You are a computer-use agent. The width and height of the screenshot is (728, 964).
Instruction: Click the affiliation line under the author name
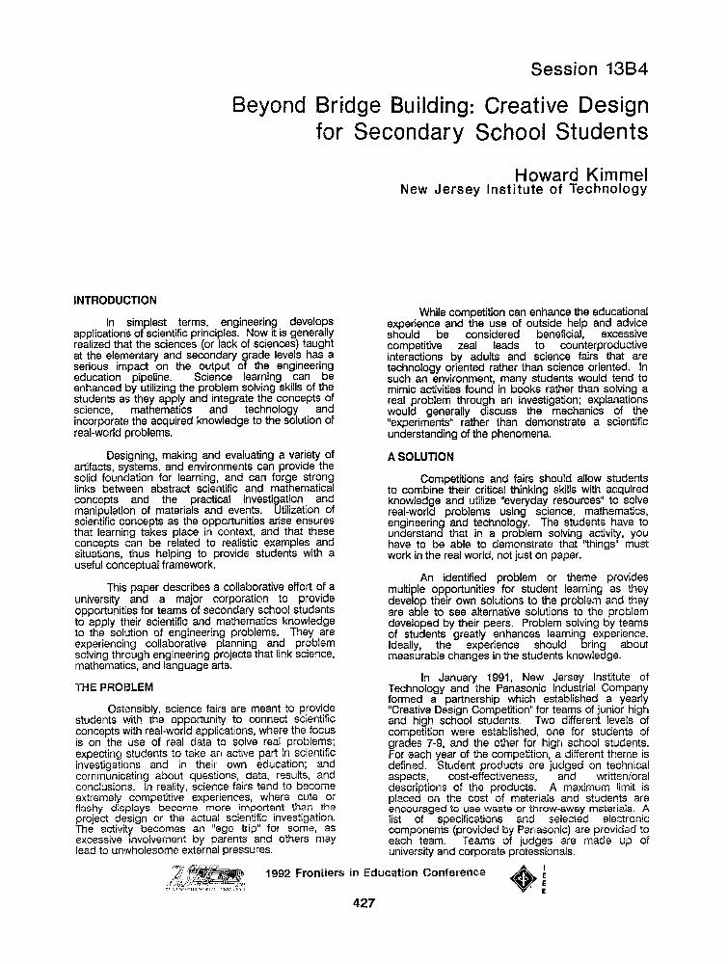point(523,189)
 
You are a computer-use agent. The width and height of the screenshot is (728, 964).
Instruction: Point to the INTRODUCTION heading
point(115,301)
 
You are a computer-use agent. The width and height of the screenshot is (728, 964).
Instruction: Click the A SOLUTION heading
point(420,457)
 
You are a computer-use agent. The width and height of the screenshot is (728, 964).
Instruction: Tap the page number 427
point(364,902)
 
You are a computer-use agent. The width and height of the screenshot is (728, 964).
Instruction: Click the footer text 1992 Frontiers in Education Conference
point(375,872)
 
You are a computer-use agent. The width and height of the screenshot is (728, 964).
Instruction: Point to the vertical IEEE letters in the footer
point(544,877)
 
